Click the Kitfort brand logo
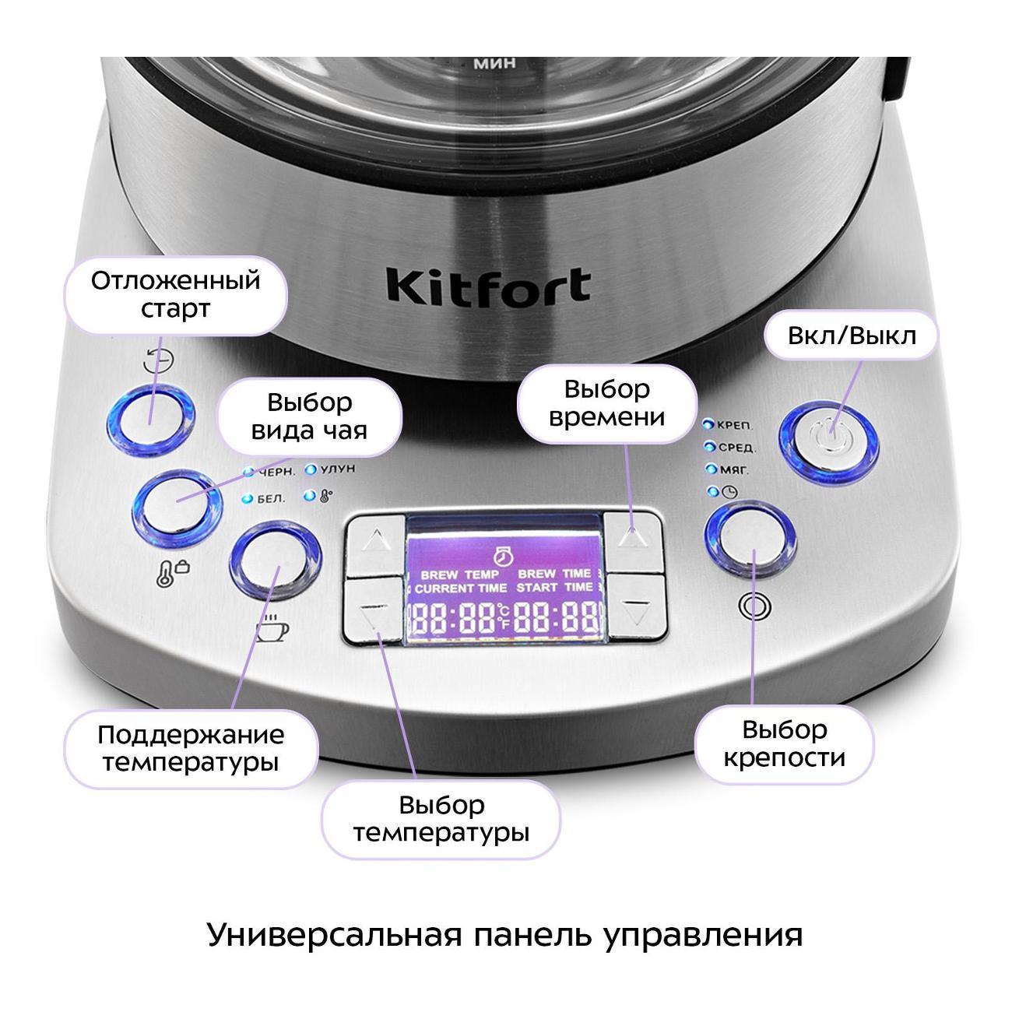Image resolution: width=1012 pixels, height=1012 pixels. [x=488, y=286]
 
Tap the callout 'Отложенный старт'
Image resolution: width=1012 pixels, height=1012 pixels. [x=175, y=294]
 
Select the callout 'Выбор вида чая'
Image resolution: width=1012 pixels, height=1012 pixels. [x=309, y=416]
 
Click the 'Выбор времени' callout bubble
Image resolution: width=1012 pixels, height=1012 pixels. [x=606, y=403]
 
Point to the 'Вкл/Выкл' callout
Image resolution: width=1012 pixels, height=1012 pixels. [x=852, y=336]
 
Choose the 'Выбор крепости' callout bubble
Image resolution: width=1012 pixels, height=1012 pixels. [x=784, y=743]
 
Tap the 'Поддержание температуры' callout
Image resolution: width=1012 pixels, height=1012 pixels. [x=191, y=747]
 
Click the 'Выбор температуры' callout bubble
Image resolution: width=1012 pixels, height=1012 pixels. [x=441, y=819]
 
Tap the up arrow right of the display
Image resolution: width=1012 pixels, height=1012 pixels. [x=634, y=538]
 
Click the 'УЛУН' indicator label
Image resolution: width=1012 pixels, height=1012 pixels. [x=336, y=470]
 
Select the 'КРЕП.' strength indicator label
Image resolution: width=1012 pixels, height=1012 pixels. [x=734, y=425]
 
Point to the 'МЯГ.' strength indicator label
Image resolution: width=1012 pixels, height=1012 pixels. [x=733, y=469]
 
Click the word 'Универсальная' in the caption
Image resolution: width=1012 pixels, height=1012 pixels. [x=326, y=934]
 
